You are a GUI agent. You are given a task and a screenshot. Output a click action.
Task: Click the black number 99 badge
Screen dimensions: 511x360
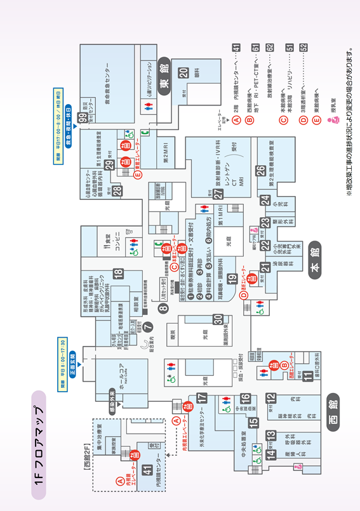pos(83,117)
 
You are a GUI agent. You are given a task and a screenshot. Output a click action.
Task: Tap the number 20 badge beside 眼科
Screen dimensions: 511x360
pos(184,73)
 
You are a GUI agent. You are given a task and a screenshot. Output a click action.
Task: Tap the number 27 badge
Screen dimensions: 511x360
pos(218,194)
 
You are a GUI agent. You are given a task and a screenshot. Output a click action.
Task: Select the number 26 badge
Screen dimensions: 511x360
pos(260,171)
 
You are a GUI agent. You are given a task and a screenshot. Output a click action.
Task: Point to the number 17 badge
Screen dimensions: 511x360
pos(202,398)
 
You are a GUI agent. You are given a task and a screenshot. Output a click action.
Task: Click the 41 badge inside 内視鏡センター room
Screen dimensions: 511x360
pos(147,470)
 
